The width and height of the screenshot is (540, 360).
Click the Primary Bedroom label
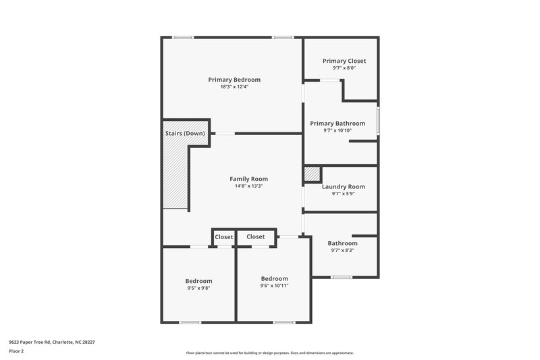pyautogui.click(x=234, y=80)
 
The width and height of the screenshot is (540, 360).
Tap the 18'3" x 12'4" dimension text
pyautogui.click(x=234, y=87)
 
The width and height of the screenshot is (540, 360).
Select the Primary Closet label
pyautogui.click(x=344, y=61)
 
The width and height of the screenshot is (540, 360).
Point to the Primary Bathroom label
pyautogui.click(x=337, y=124)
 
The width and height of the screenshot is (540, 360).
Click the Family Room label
pyautogui.click(x=248, y=179)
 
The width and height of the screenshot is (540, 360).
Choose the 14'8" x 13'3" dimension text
pyautogui.click(x=248, y=186)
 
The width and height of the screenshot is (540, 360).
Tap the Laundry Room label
pyautogui.click(x=343, y=186)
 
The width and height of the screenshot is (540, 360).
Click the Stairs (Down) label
pyautogui.click(x=185, y=134)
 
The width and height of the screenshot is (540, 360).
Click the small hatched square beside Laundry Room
pyautogui.click(x=312, y=174)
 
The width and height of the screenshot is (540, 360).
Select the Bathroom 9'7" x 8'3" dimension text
pyautogui.click(x=342, y=251)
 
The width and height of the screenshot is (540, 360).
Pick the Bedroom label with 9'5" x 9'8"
pyautogui.click(x=198, y=281)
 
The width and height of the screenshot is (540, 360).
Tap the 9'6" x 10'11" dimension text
pyautogui.click(x=274, y=286)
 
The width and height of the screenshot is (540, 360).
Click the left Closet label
pyautogui.click(x=223, y=237)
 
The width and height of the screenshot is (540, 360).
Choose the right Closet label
pyautogui.click(x=255, y=237)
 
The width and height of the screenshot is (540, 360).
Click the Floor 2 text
pyautogui.click(x=17, y=351)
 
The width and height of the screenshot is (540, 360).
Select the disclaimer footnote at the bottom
pyautogui.click(x=269, y=353)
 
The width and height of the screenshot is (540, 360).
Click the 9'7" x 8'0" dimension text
pyautogui.click(x=344, y=68)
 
